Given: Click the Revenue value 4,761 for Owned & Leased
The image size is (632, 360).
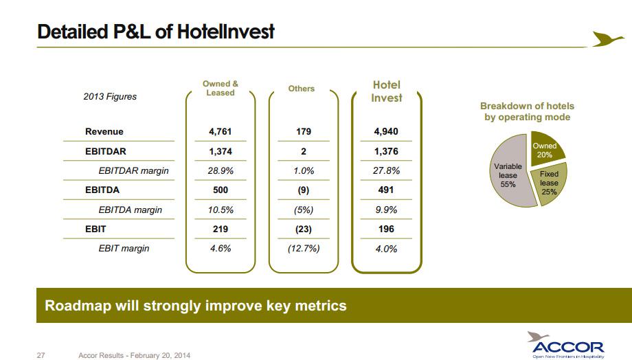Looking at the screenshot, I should (220, 131).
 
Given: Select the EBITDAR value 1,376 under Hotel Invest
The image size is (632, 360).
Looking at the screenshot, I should (386, 151).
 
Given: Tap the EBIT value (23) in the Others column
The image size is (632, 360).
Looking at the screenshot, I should (303, 229).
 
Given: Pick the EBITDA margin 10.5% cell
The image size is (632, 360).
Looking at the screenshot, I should (220, 210).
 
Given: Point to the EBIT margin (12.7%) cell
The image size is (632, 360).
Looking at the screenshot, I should (303, 249).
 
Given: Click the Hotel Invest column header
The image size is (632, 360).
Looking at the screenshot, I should (386, 91).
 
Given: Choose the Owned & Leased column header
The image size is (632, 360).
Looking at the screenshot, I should (220, 88).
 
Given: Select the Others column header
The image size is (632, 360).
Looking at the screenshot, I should (302, 89).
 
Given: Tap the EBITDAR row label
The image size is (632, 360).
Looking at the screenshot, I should (106, 151).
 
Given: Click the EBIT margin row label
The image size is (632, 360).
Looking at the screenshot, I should (124, 249).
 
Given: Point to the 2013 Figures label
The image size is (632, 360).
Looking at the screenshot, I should (110, 97).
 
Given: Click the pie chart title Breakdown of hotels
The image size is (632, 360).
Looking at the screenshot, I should (527, 111).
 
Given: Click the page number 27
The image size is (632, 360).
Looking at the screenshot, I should (41, 355).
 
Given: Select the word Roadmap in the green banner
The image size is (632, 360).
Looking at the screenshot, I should (76, 305).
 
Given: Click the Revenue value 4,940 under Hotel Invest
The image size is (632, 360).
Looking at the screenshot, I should (386, 131).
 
